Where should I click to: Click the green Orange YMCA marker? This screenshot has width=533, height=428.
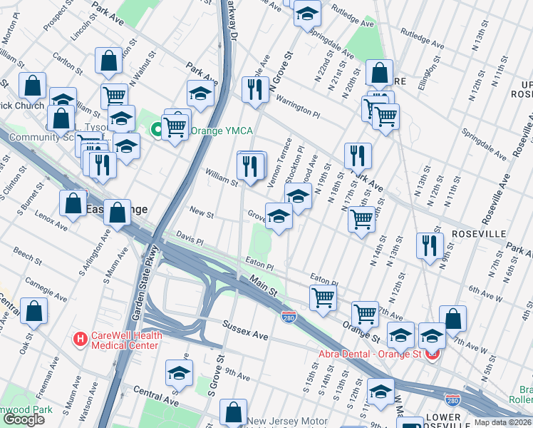point(156,131)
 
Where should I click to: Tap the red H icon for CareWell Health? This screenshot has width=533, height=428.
point(81,337)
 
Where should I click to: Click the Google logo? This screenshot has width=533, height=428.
point(24,419)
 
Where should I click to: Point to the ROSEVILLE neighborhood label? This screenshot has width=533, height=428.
point(478,234)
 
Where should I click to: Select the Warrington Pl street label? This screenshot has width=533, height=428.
point(298,107)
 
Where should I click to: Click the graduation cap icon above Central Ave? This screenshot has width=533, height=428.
point(179,372)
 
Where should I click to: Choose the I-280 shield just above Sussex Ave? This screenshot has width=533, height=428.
point(289,315)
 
